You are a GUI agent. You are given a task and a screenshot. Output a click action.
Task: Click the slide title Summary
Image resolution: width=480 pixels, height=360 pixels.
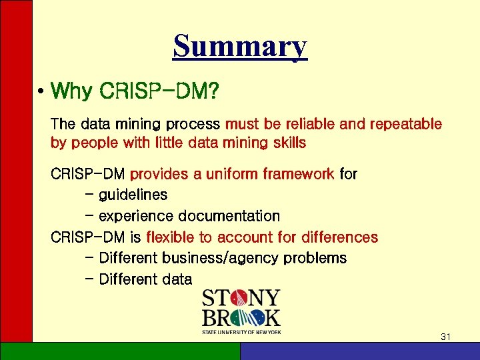coord(240,47)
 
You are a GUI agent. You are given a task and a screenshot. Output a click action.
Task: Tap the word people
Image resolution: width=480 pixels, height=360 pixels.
coord(90,143)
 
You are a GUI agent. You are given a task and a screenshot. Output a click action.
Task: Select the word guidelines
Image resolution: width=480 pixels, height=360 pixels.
coord(133,195)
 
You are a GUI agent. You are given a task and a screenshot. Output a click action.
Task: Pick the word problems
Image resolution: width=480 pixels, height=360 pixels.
coord(315,258)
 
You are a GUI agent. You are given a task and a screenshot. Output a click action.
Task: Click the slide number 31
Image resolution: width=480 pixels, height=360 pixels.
coord(446,337)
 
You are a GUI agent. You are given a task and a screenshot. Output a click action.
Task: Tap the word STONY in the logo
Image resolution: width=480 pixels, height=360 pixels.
coord(241,297)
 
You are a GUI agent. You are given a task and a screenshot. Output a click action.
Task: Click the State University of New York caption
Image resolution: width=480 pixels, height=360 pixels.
coord(241,331)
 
